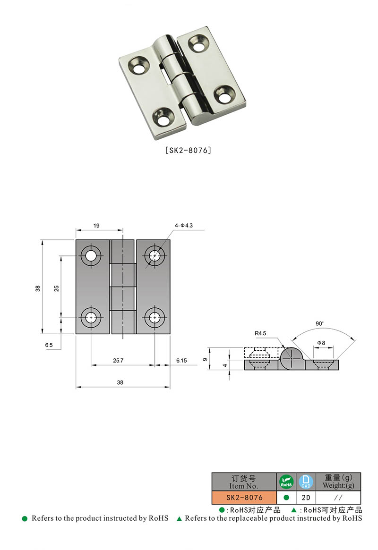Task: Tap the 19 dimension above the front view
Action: [96, 226]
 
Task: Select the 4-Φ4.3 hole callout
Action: [184, 226]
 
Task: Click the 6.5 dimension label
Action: [49, 346]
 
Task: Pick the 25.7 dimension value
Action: [119, 360]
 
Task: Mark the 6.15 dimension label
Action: [181, 360]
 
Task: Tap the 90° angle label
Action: [320, 324]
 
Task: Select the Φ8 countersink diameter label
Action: [321, 342]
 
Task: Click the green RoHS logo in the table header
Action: [286, 482]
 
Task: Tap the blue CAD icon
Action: [306, 482]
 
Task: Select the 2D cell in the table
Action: [306, 498]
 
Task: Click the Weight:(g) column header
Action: [338, 482]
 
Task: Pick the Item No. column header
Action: [244, 482]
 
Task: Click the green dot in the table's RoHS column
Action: [286, 498]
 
